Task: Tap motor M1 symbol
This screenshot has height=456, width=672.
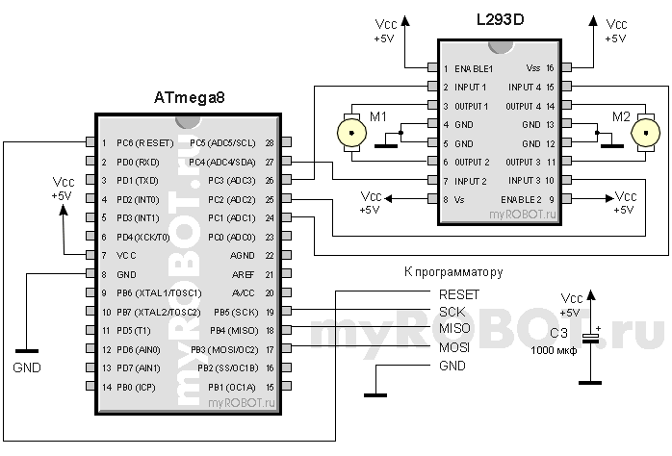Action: (349, 134)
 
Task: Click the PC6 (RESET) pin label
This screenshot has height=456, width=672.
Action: (144, 143)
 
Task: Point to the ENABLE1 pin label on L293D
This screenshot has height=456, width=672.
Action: (475, 69)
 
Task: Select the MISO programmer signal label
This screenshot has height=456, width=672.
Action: (454, 330)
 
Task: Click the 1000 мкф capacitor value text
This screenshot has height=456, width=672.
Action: (554, 352)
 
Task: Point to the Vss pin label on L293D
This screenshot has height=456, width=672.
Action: (532, 69)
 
